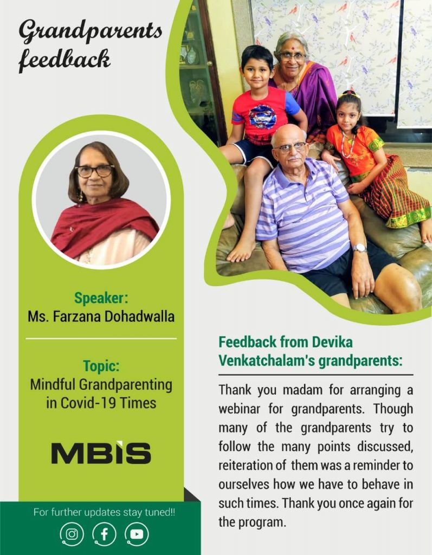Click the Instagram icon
click(72, 534)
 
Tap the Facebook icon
click(104, 534)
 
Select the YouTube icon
click(137, 534)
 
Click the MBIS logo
click(101, 453)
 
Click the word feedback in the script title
click(64, 60)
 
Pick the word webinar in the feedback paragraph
click(240, 409)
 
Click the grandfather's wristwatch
click(360, 248)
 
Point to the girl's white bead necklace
click(348, 143)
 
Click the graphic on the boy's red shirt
click(262, 117)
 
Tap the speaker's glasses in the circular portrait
click(94, 171)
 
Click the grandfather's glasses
click(289, 147)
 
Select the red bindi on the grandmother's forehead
click(292, 47)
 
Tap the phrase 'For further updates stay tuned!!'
click(104, 512)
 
